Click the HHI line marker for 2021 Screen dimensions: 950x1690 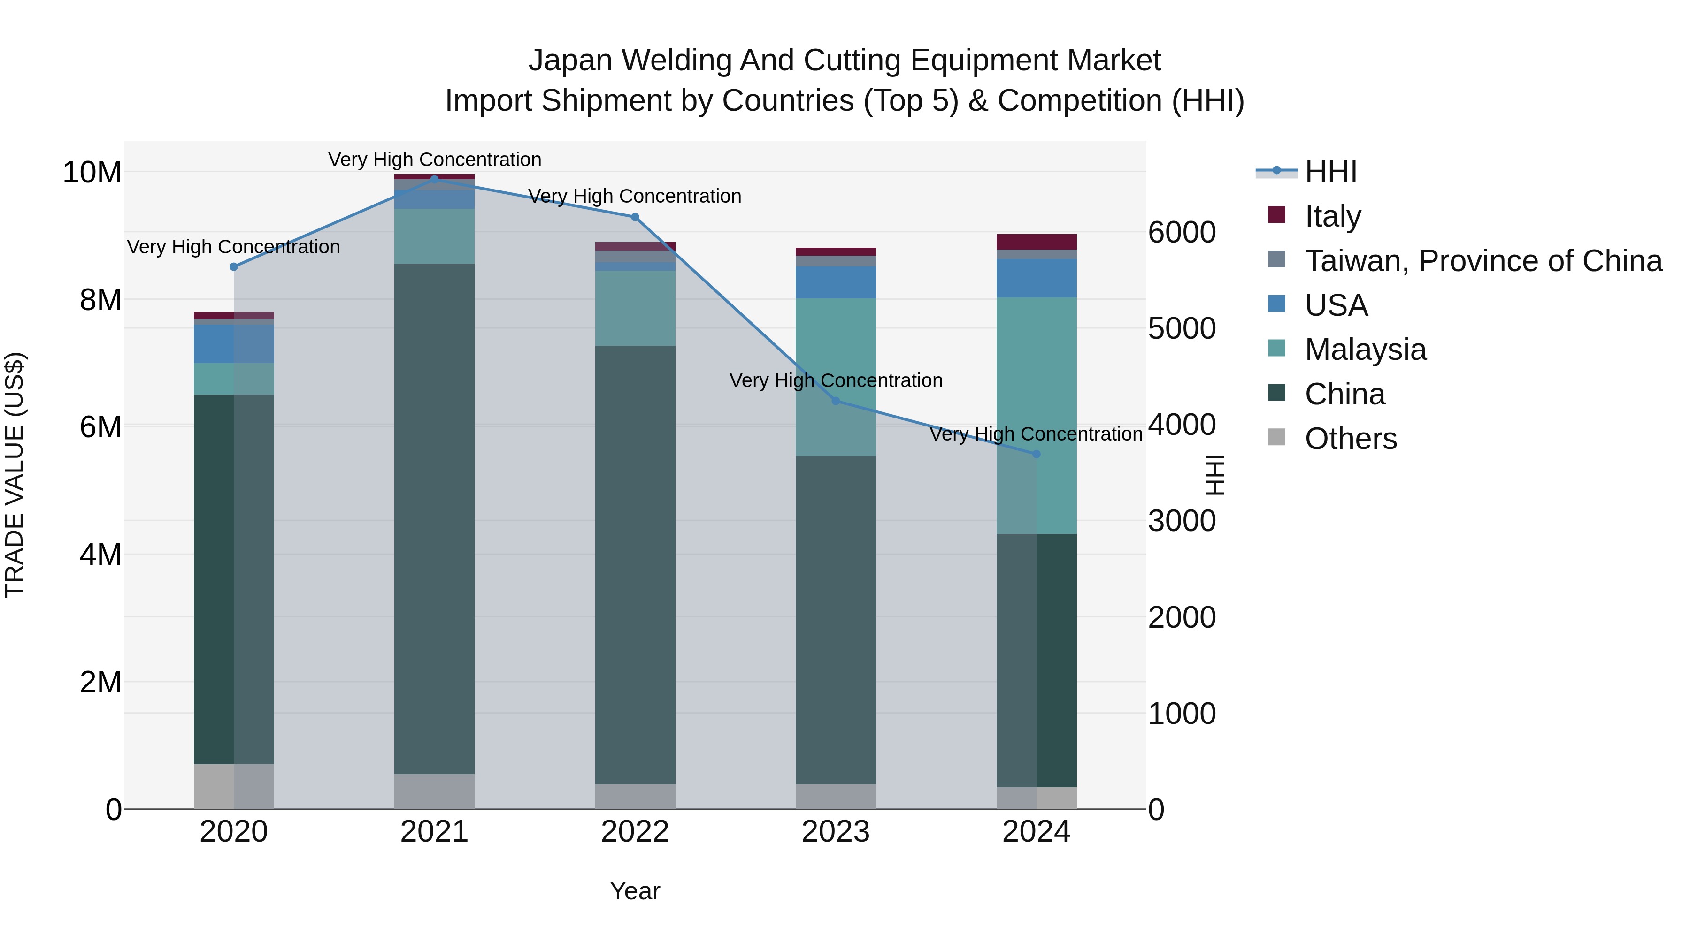coord(434,179)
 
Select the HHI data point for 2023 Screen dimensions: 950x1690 coord(835,401)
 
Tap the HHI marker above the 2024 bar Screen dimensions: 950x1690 coord(1036,454)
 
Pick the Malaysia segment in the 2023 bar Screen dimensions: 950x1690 coord(835,377)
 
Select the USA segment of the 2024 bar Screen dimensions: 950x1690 coord(1036,278)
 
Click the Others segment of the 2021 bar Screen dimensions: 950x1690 coord(434,791)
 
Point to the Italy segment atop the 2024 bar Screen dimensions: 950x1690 coord(1036,241)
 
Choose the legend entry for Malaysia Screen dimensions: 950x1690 coord(1365,350)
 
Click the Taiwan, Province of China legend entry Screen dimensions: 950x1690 coord(1483,261)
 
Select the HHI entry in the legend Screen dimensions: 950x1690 coord(1330,172)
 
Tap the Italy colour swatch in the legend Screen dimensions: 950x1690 coord(1277,214)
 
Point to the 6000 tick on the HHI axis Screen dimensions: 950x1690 coord(1182,233)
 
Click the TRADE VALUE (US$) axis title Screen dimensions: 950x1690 coord(15,475)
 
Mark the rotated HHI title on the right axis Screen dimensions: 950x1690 coord(1215,475)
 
